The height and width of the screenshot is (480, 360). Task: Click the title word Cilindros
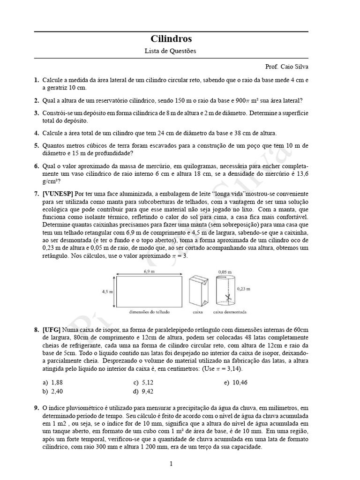coord(171,39)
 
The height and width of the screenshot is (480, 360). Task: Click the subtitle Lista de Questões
coord(171,51)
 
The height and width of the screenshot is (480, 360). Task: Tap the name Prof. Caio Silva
coord(287,67)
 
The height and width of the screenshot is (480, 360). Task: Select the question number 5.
coord(36,146)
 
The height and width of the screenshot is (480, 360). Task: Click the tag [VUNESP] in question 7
coord(57,194)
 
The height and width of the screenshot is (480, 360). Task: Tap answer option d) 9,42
coord(143,391)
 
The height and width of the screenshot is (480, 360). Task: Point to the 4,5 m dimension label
coord(107,291)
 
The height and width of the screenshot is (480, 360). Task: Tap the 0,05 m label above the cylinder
coord(224,271)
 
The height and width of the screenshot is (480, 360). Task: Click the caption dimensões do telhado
coord(150,311)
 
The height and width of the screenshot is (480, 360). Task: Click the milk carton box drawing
coord(197,291)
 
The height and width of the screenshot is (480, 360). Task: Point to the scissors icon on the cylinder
coord(227,297)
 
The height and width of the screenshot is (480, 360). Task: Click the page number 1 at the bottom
coord(171,464)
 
